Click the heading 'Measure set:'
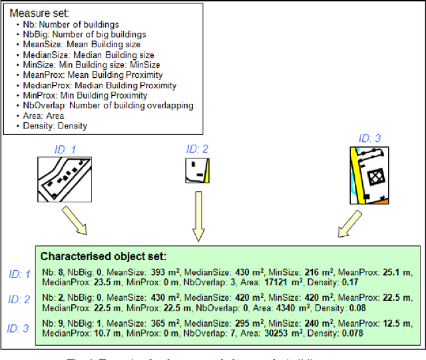point(38,13)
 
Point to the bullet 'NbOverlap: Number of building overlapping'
point(107,105)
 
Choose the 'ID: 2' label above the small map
point(197,148)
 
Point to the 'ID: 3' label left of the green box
point(20,328)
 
